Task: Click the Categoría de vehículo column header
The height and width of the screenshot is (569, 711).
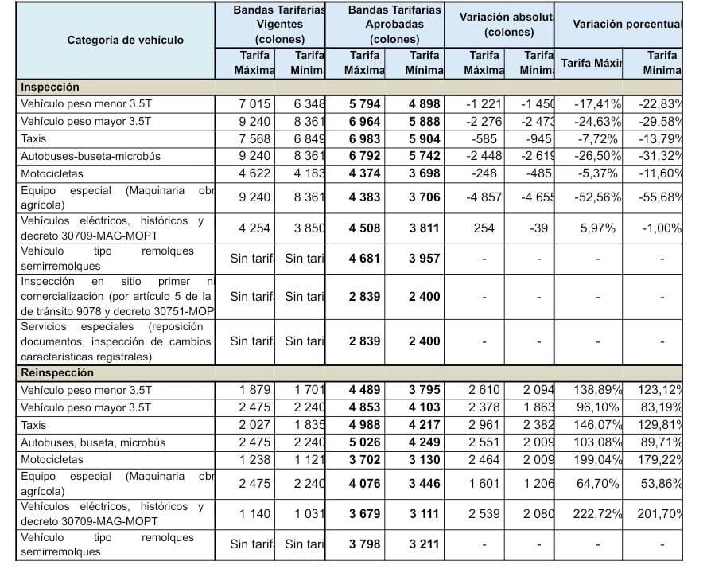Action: coord(125,40)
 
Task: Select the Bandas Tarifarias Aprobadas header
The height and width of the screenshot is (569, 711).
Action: coord(395,24)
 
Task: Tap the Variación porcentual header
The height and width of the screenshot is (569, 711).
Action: coord(627,24)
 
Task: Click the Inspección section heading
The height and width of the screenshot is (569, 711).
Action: coord(50,88)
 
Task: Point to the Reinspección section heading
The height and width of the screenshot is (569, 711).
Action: coord(57,373)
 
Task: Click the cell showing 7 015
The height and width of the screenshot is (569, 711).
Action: coord(254,104)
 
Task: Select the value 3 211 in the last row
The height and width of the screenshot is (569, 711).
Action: coord(424,545)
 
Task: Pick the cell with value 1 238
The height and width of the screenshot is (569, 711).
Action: coord(254,460)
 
